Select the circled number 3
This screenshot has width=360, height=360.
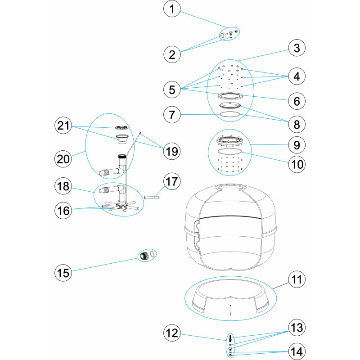pos(297,48)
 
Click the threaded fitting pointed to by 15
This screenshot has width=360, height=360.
pos(144,256)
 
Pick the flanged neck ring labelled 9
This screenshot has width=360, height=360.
pos(230,140)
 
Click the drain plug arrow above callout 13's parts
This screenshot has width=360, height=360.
pos(230,338)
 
